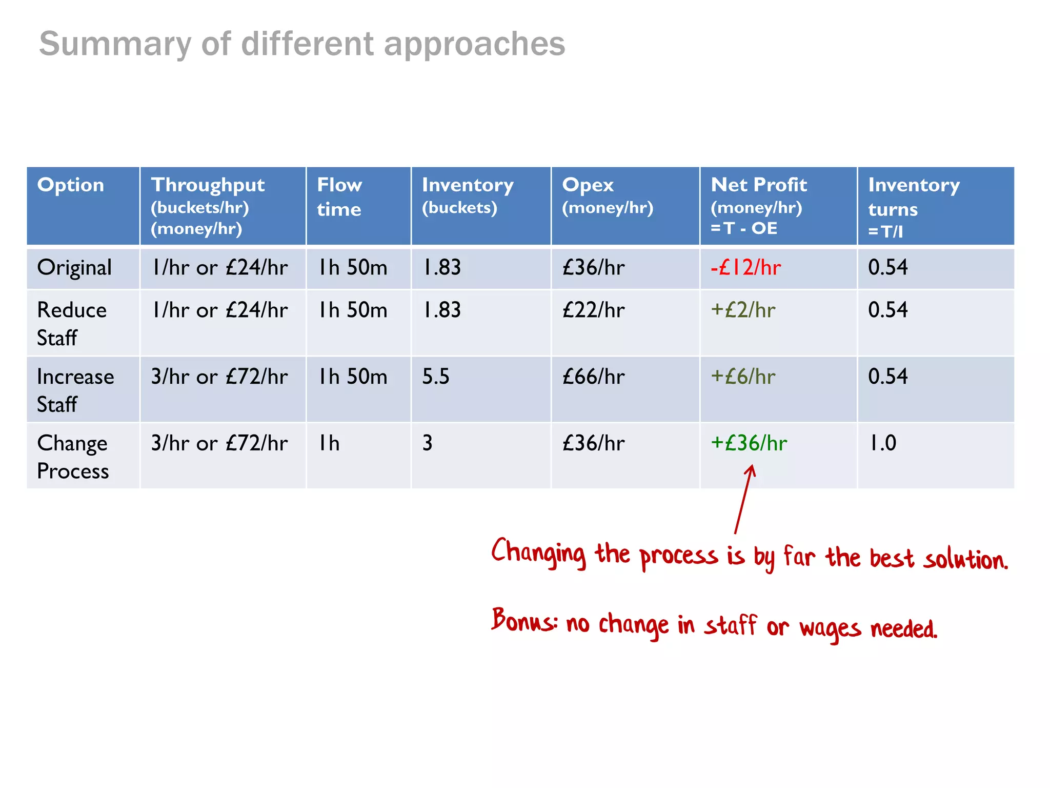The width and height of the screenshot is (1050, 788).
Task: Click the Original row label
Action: pyautogui.click(x=74, y=268)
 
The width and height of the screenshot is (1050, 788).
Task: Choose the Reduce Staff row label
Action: pyautogui.click(x=72, y=324)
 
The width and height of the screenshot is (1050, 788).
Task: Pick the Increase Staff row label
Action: pyautogui.click(x=75, y=390)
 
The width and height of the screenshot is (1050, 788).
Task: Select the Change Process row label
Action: pyautogui.click(x=73, y=457)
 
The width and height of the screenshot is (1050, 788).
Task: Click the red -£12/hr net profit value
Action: pyautogui.click(x=745, y=268)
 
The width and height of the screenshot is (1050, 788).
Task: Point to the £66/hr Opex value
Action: pyautogui.click(x=593, y=377)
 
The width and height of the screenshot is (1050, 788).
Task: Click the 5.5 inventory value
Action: pyautogui.click(x=436, y=377)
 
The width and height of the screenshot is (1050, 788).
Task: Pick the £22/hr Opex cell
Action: pyautogui.click(x=593, y=310)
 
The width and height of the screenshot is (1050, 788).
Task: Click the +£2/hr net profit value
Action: pyautogui.click(x=743, y=310)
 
